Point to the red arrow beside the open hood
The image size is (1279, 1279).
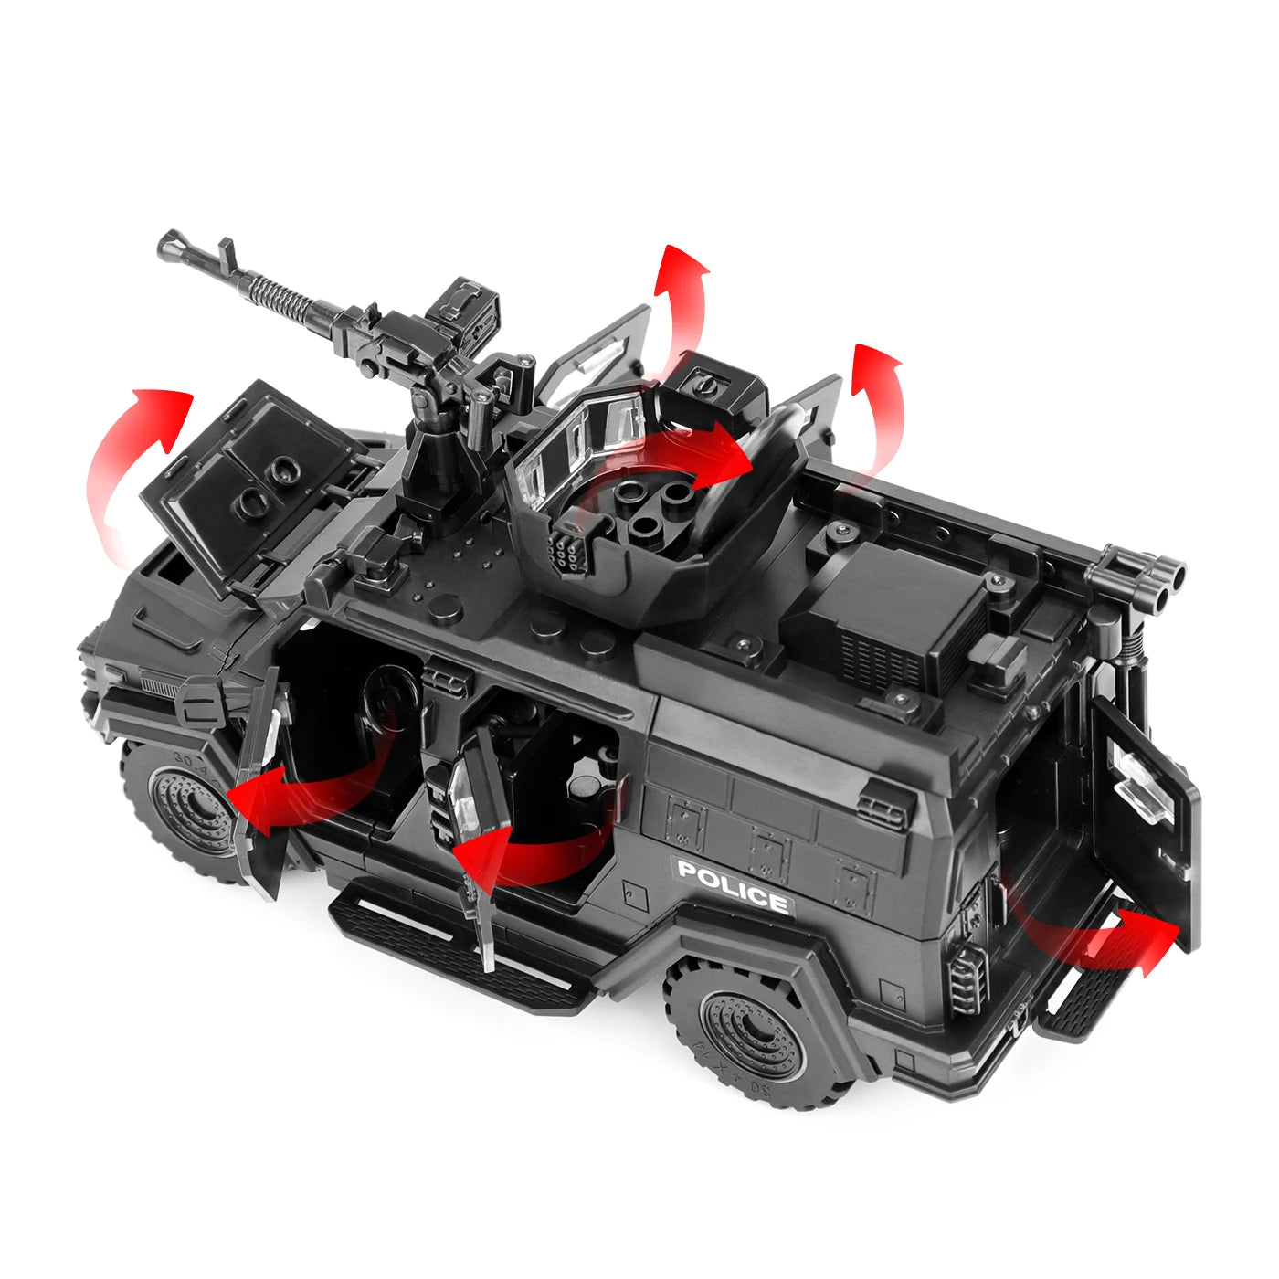click(x=132, y=466)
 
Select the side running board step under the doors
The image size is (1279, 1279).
click(x=457, y=950)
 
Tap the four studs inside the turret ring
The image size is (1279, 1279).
click(x=654, y=506)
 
